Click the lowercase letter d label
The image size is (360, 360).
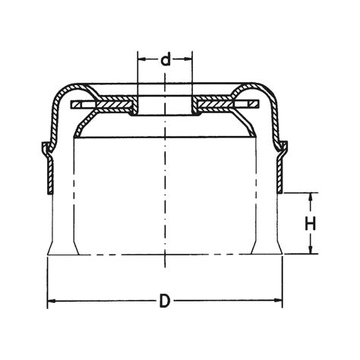[x=166, y=60]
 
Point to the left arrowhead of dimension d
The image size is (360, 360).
[x=141, y=60]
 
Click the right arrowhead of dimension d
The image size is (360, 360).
[x=189, y=60]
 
